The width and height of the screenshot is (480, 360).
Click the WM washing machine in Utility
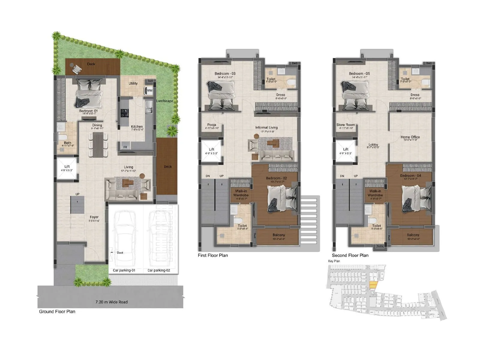click(149, 90)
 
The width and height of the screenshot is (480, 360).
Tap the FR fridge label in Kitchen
click(125, 147)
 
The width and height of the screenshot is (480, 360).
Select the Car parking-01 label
click(124, 270)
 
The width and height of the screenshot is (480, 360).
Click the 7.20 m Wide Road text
click(111, 302)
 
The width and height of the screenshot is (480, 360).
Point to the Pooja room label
click(211, 125)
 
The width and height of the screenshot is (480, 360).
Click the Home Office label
click(410, 137)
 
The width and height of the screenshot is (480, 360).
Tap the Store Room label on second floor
click(346, 125)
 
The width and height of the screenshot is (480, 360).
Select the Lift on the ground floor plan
click(67, 168)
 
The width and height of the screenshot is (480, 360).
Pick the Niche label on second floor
click(380, 246)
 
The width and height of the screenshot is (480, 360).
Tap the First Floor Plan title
click(213, 255)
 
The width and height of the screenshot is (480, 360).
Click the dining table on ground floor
click(98, 145)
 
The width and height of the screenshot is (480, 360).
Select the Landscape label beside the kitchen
click(164, 101)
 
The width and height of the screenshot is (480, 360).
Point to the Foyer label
click(94, 217)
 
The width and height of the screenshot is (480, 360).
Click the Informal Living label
click(266, 127)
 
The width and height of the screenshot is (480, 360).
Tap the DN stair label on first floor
click(208, 176)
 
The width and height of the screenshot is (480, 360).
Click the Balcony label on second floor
click(413, 235)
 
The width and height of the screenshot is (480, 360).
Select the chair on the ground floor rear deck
click(76, 70)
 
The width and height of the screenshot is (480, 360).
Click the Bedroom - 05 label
click(359, 73)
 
